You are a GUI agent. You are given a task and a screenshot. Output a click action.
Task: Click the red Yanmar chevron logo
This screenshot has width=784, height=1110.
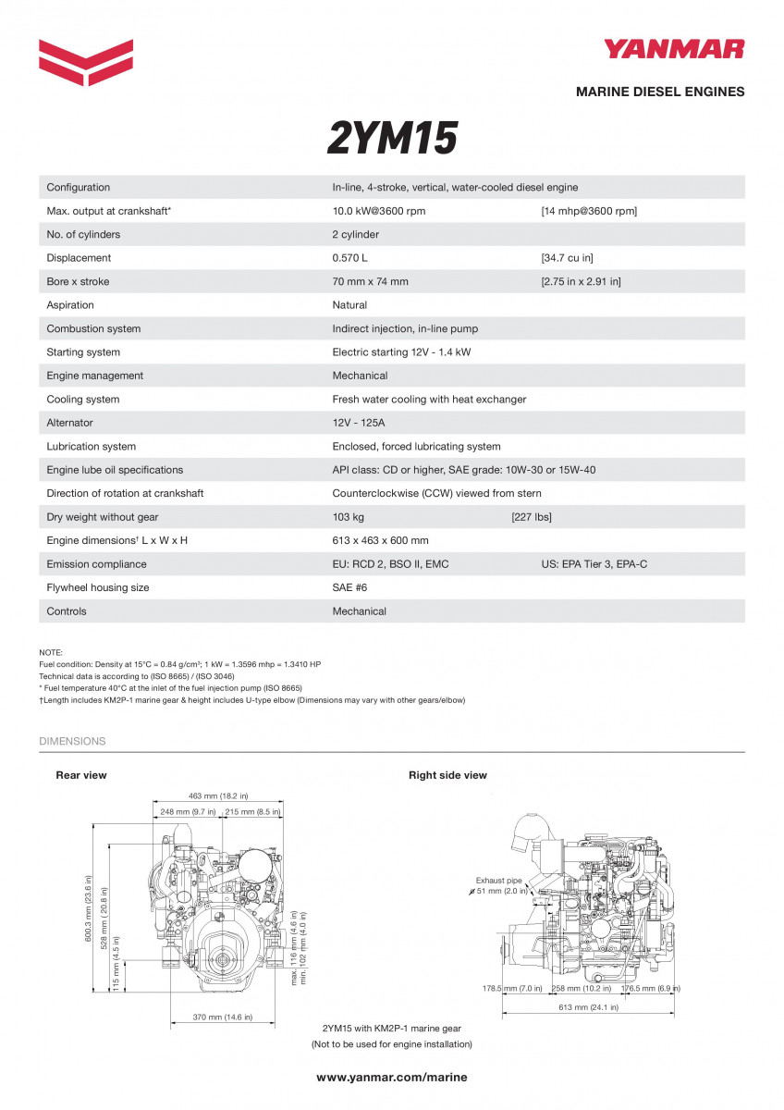coord(86,62)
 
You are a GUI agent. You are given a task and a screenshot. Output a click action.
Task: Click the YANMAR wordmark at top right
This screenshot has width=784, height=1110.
coord(674,49)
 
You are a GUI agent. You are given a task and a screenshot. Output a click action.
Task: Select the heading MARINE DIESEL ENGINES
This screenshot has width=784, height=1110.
coord(660,92)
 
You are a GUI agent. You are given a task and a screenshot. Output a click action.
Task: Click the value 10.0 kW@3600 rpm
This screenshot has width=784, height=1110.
coord(379,211)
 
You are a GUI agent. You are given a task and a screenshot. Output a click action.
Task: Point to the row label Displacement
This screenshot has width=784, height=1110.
coord(79,258)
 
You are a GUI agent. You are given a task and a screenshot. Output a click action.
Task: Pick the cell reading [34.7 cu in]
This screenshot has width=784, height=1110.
coord(568,258)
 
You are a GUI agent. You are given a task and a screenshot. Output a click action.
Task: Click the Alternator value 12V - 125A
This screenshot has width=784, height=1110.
coord(360,423)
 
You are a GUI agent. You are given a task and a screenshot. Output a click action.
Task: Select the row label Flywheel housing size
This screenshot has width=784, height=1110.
coord(98,587)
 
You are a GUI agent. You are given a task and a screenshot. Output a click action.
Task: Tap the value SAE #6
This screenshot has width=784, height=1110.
coord(350,587)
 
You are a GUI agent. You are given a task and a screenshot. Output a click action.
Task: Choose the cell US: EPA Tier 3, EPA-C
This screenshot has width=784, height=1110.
coord(594,564)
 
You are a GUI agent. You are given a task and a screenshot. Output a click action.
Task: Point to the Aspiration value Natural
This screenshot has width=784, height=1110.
coord(349,305)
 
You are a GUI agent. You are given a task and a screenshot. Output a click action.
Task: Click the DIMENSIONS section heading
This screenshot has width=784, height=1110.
coord(72,741)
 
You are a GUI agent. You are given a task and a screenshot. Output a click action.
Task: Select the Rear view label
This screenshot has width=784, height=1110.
coord(81,775)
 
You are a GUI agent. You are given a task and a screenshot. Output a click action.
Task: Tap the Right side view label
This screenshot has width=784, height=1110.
coord(447,775)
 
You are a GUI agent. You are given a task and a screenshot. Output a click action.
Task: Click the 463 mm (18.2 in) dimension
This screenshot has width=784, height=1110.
coord(218,795)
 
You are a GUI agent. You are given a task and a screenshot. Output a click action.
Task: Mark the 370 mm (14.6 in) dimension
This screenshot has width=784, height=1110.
coord(223,1017)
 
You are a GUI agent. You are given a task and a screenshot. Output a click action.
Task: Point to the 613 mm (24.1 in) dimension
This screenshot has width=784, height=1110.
coord(589,1007)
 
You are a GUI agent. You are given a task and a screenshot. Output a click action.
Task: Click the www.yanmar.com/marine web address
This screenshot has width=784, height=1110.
coord(392,1077)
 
